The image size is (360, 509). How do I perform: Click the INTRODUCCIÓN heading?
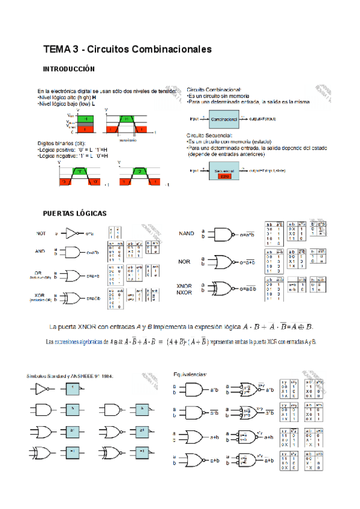[x=69, y=69]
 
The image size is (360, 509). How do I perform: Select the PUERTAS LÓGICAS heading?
[x=74, y=213]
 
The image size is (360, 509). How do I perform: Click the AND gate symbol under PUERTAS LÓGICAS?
[x=73, y=252]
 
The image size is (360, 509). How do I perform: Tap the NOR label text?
[x=184, y=262]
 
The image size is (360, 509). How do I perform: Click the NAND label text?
[x=187, y=233]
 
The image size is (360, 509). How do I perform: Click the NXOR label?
[x=184, y=292]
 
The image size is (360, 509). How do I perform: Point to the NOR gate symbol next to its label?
[x=221, y=262]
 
